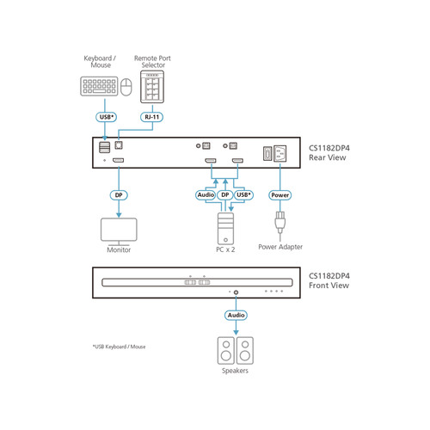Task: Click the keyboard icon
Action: (x=98, y=87)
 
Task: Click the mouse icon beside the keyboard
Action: (x=127, y=88)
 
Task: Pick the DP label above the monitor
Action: (x=120, y=194)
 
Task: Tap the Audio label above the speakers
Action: (x=236, y=316)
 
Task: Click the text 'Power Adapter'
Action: (x=280, y=248)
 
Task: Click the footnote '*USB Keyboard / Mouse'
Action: (x=119, y=347)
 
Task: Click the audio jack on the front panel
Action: (x=236, y=292)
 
